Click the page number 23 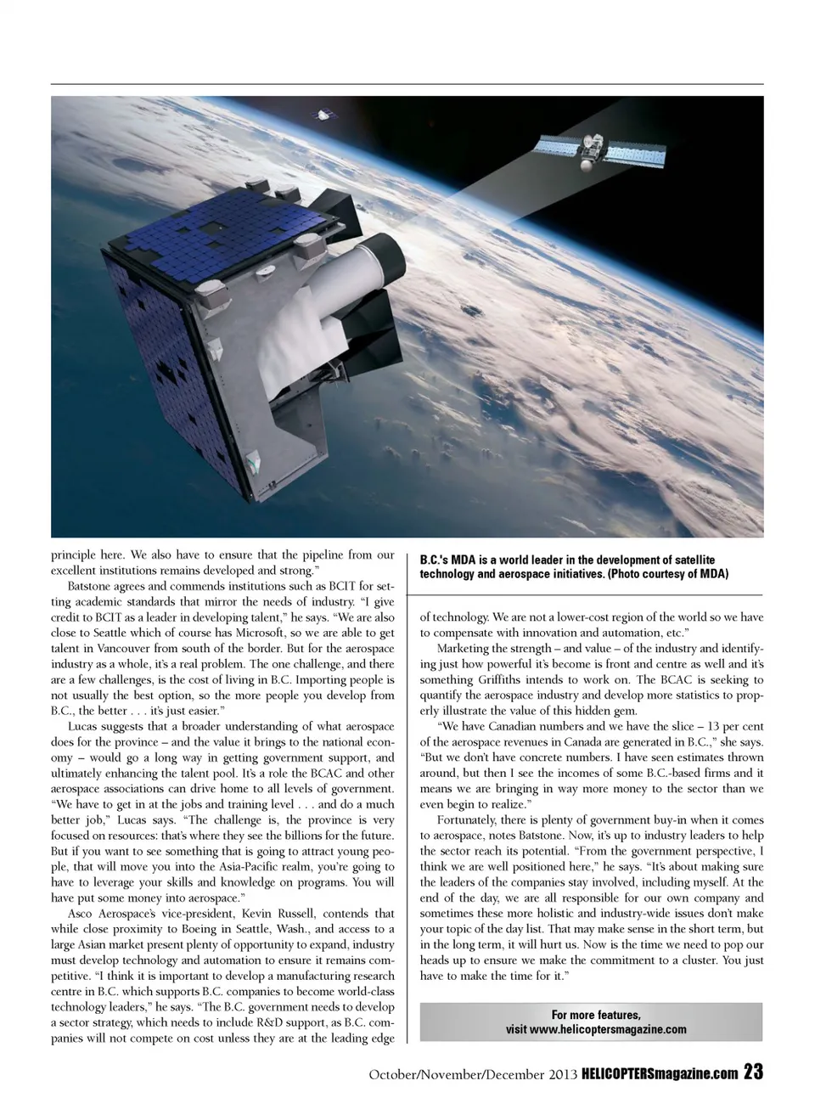pyautogui.click(x=753, y=1072)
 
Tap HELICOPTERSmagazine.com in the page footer pyautogui.click(x=660, y=1074)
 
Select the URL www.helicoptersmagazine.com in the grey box pyautogui.click(x=596, y=1029)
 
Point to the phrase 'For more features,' pyautogui.click(x=595, y=1014)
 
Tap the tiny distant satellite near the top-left pyautogui.click(x=323, y=115)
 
